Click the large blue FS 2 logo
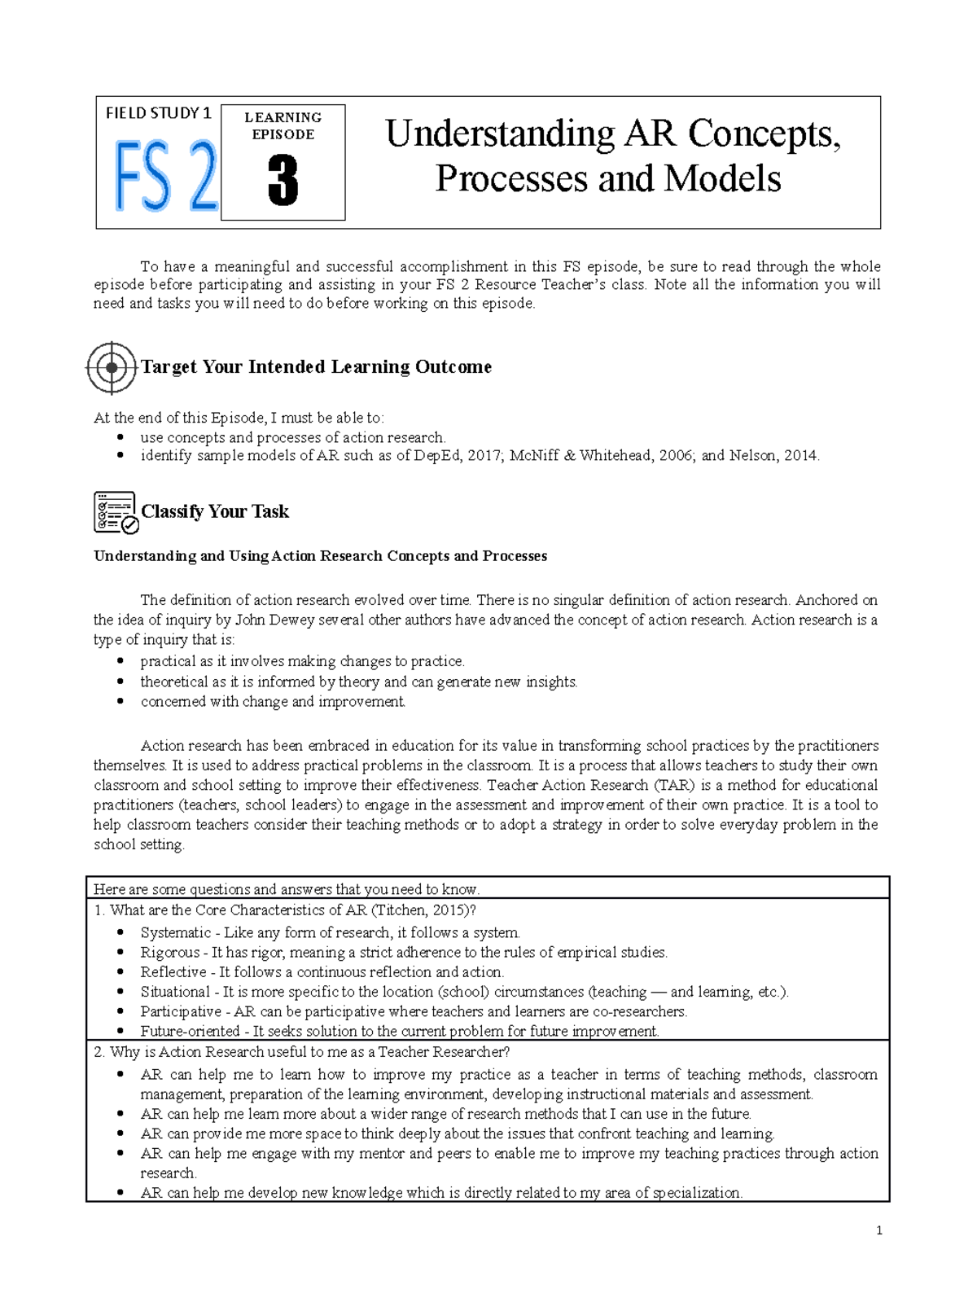tap(166, 177)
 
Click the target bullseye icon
tap(112, 368)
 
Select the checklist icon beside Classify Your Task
tap(116, 512)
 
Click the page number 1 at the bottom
tap(879, 1230)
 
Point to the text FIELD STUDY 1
tap(158, 113)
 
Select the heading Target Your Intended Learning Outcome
tap(316, 367)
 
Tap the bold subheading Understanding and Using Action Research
tap(320, 556)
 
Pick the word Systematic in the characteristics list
tap(175, 932)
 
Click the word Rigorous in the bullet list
tap(169, 952)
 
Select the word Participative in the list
tap(180, 1011)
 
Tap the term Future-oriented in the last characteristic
tap(190, 1031)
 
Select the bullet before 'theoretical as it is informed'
tap(120, 682)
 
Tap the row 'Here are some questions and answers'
tap(287, 889)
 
